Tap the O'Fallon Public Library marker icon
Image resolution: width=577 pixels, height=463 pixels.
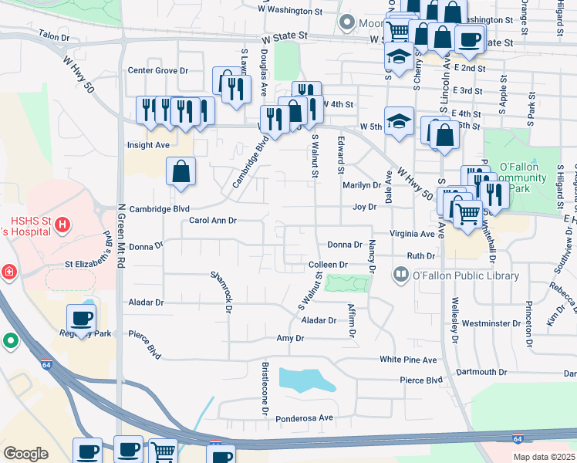(x=401, y=274)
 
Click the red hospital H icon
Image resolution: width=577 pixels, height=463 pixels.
(x=64, y=226)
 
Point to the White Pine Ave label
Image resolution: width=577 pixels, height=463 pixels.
(x=408, y=360)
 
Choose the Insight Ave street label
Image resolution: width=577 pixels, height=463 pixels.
(x=148, y=145)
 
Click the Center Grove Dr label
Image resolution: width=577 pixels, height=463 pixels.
(x=158, y=71)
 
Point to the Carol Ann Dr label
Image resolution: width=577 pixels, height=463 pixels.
(x=212, y=221)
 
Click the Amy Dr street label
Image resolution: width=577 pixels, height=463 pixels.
(x=290, y=339)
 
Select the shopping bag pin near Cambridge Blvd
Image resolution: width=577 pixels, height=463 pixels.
(x=181, y=173)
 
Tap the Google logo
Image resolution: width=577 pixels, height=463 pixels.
(x=25, y=454)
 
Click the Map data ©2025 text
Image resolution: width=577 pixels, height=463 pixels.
(x=543, y=457)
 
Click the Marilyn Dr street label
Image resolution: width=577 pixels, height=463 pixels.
(x=362, y=185)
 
